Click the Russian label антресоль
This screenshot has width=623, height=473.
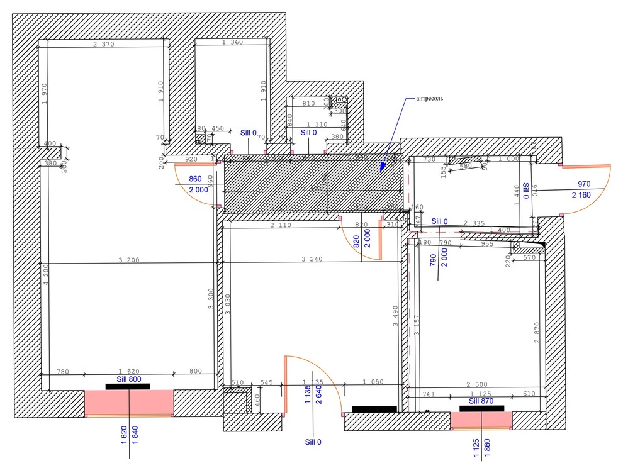430,99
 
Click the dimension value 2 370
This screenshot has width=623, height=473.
103,44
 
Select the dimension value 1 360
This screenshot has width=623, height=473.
232,43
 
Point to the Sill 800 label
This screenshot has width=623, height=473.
129,379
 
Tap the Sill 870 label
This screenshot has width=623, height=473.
481,401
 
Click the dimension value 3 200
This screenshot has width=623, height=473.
130,259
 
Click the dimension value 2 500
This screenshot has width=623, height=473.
478,384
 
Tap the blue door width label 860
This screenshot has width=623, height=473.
196,179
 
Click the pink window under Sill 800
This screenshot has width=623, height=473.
129,403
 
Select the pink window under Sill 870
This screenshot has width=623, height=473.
481,420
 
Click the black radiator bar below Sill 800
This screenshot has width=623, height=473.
128,386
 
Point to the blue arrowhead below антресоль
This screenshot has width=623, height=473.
383,167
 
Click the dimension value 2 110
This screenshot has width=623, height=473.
281,225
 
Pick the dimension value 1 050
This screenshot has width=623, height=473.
373,382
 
